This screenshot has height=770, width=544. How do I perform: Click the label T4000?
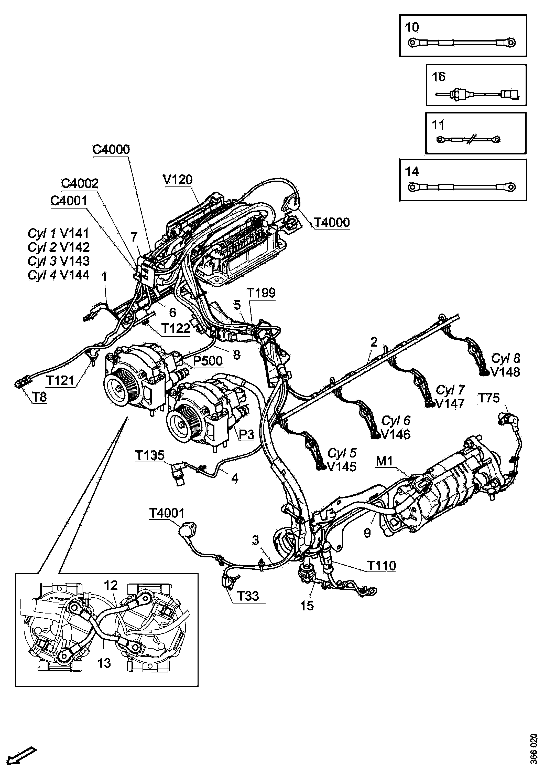(x=332, y=222)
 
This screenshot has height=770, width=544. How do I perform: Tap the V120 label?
(x=178, y=180)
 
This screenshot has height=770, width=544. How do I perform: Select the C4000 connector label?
(x=111, y=149)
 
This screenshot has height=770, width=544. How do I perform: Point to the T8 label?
(x=39, y=397)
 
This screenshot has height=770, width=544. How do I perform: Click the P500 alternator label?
(x=208, y=361)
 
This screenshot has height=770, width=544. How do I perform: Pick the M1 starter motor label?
(x=384, y=461)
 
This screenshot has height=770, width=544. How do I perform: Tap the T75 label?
(x=489, y=398)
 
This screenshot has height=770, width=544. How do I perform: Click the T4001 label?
(x=167, y=513)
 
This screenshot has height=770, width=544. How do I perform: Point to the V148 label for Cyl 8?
(x=505, y=372)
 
